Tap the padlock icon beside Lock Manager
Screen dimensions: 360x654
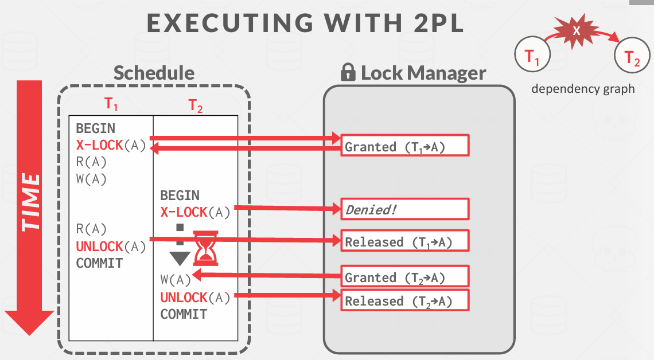(x=348, y=72)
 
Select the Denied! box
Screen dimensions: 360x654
(x=405, y=210)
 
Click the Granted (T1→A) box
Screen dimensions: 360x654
(x=405, y=146)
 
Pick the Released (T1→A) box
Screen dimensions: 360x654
(x=405, y=241)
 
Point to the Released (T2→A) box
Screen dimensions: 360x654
(x=405, y=300)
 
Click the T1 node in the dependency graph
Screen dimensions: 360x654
(x=533, y=56)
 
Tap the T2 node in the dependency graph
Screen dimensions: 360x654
(x=632, y=58)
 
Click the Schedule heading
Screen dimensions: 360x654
(x=154, y=73)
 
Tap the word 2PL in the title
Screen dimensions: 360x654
(x=433, y=24)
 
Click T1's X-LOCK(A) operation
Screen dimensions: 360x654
(x=111, y=145)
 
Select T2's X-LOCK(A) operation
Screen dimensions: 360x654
(x=195, y=212)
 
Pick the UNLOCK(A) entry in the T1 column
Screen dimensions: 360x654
(x=111, y=246)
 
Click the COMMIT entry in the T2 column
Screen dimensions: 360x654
(x=184, y=314)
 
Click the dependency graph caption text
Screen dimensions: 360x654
(x=583, y=89)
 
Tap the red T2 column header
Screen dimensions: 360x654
(x=196, y=105)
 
